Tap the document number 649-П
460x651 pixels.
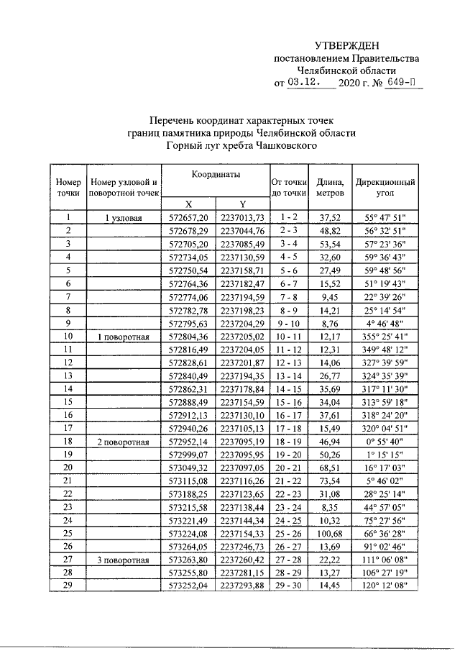tap(404, 83)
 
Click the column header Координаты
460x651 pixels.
tap(216, 175)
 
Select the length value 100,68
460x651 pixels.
tap(331, 533)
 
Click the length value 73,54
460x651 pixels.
tap(331, 481)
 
